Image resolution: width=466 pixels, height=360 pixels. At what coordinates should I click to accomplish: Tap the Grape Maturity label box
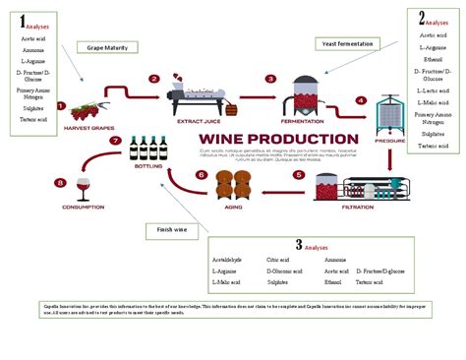click(107, 46)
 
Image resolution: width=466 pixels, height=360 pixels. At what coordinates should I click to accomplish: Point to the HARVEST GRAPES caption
click(90, 127)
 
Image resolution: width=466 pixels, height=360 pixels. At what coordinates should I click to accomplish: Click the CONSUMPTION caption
click(83, 208)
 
